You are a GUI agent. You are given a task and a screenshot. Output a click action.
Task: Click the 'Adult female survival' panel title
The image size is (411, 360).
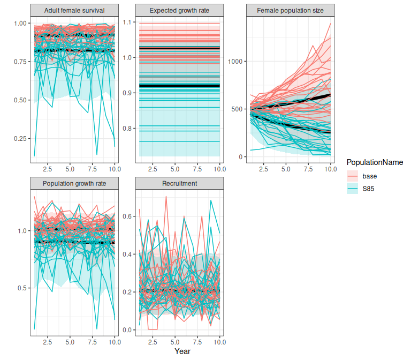coord(73,10)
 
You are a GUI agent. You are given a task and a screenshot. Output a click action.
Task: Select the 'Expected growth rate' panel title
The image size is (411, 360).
coord(179,10)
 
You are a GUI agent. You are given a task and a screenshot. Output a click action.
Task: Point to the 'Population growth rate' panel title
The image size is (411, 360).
coord(73,183)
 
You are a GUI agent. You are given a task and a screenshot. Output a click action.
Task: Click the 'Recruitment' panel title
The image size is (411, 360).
coord(179,183)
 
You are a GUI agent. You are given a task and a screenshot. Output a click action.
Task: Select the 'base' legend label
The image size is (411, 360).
coord(369,176)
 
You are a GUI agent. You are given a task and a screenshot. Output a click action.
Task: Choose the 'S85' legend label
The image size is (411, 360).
coord(368,188)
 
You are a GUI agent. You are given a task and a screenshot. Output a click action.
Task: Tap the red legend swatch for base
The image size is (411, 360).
coord(352,176)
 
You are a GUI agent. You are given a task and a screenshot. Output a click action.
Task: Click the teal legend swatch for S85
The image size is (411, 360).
coord(352,188)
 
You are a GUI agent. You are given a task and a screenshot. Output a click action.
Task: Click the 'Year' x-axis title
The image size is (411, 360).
coord(182,351)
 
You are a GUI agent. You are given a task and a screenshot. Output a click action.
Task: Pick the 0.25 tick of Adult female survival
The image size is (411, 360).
coord(19,139)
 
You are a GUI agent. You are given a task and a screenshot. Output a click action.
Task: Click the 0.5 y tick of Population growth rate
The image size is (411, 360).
coord(20,288)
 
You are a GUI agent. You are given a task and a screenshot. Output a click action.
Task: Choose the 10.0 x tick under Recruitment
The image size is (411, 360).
coord(219,341)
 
